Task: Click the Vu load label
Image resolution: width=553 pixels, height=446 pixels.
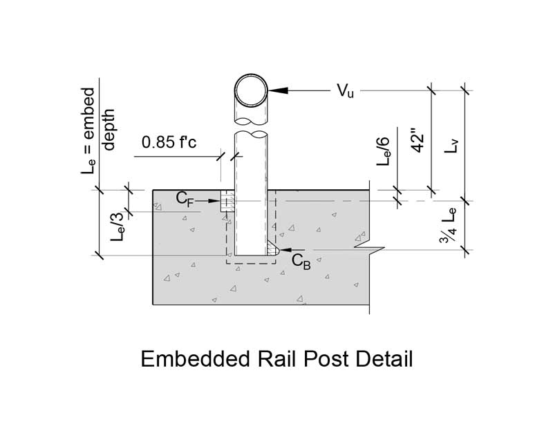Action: [345, 92]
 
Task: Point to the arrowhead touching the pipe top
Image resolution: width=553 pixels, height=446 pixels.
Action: [275, 90]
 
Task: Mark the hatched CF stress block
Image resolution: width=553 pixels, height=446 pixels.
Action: [227, 202]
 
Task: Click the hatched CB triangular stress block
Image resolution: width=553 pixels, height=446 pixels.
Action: [271, 248]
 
